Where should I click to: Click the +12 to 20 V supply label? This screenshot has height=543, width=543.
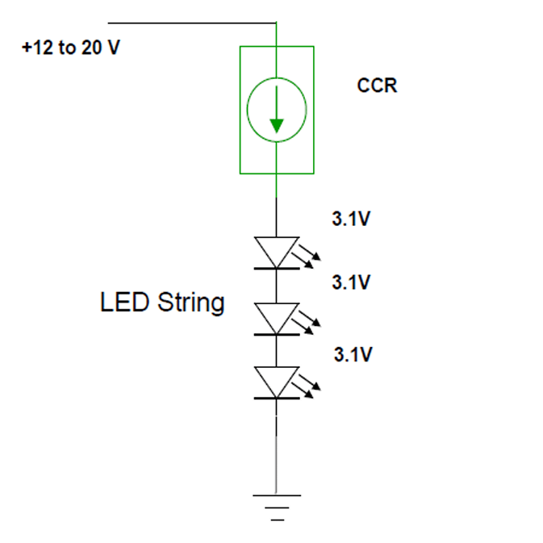[x=71, y=48]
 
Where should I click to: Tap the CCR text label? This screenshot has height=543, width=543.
[x=377, y=85]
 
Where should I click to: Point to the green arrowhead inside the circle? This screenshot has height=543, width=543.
[x=277, y=125]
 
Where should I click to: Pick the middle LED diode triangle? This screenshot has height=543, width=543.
[x=277, y=317]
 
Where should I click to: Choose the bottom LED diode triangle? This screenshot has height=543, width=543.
[x=277, y=380]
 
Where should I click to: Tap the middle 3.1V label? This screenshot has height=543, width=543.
[x=351, y=282]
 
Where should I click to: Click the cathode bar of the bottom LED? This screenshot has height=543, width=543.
[x=277, y=398]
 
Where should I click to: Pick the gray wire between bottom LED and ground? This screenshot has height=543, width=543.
[x=277, y=452]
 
